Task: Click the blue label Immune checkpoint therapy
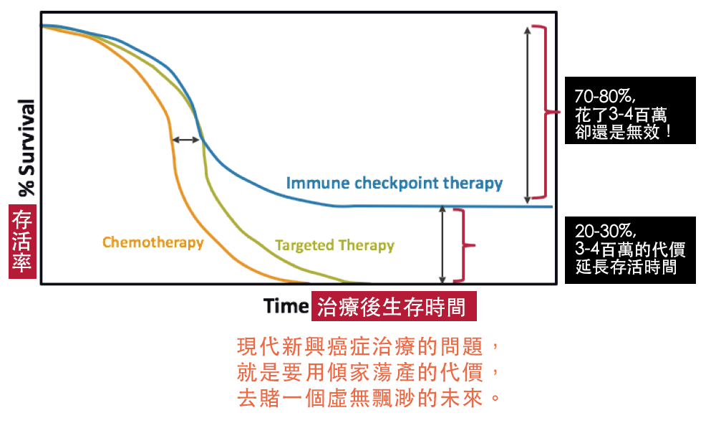(x=394, y=184)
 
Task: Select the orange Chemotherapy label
(x=153, y=242)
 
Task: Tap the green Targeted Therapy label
(x=334, y=246)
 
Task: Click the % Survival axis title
(x=26, y=148)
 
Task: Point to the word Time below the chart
(x=286, y=306)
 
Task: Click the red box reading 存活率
(x=22, y=242)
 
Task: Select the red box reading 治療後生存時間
(x=394, y=306)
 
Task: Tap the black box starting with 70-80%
(x=630, y=110)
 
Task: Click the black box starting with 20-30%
(x=630, y=250)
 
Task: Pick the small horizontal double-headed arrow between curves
(x=186, y=140)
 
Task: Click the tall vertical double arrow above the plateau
(x=528, y=114)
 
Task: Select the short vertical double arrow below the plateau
(x=442, y=244)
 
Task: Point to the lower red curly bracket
(x=464, y=246)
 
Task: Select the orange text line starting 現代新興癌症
(x=368, y=346)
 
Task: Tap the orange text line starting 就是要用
(x=368, y=372)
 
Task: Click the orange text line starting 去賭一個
(x=368, y=398)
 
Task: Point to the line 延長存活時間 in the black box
(x=626, y=267)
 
